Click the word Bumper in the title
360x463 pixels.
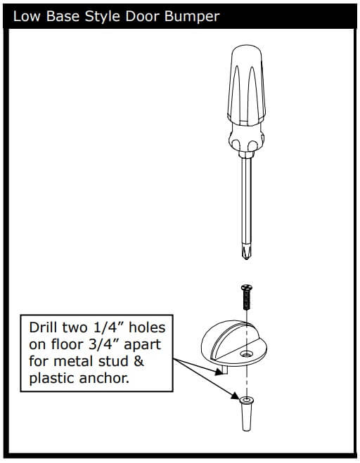192,17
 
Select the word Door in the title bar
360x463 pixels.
143,16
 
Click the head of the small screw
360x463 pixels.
247,287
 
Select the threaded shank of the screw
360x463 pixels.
247,300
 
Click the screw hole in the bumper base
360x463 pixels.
246,353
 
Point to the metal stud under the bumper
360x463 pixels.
224,370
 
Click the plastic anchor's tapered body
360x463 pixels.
247,417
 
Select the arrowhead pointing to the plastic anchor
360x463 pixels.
235,396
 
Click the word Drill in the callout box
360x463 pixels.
43,328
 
